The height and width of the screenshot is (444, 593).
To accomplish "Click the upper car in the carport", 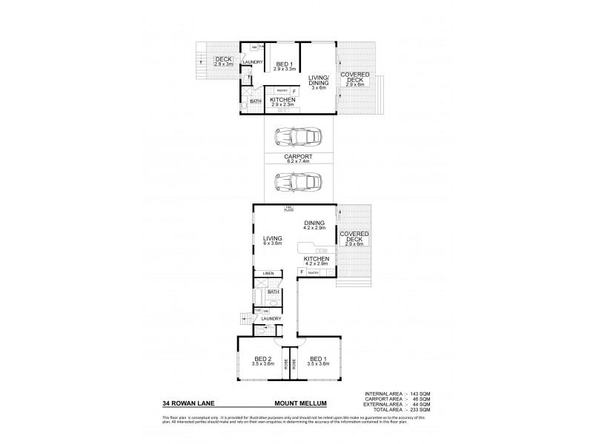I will [296, 138].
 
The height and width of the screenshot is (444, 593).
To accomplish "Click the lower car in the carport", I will [296, 180].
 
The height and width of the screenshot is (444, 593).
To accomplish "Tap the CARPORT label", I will [298, 158].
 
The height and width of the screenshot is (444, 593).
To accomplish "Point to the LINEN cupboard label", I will [268, 275].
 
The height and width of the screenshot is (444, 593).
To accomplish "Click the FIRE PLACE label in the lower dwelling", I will [289, 208].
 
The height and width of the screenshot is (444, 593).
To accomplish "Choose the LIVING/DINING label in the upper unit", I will [318, 80].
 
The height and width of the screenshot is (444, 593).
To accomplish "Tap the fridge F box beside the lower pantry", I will [302, 273].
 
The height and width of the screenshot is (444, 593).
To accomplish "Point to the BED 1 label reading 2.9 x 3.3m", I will [283, 67].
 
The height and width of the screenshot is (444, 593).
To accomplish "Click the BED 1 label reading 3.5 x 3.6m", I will [320, 361].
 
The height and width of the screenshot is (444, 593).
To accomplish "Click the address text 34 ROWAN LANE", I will [185, 405].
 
